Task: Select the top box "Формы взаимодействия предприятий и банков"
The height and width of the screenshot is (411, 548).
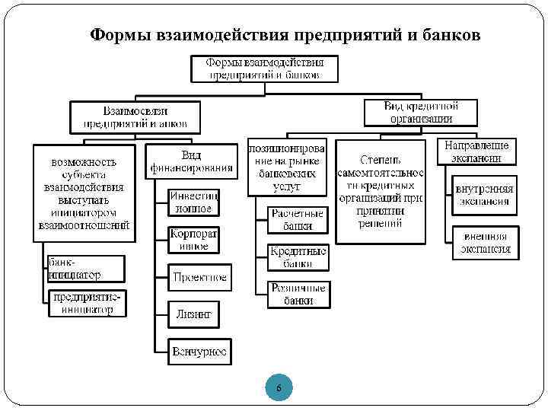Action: (265, 68)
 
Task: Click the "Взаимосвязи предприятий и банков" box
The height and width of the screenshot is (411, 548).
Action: (135, 116)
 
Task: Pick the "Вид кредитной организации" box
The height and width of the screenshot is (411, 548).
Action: (421, 112)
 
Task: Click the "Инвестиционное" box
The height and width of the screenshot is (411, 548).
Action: (193, 201)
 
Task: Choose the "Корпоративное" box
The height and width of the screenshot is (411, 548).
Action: (193, 239)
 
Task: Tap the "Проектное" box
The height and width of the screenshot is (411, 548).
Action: (199, 277)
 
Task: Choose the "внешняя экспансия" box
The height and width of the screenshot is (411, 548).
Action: (483, 242)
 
